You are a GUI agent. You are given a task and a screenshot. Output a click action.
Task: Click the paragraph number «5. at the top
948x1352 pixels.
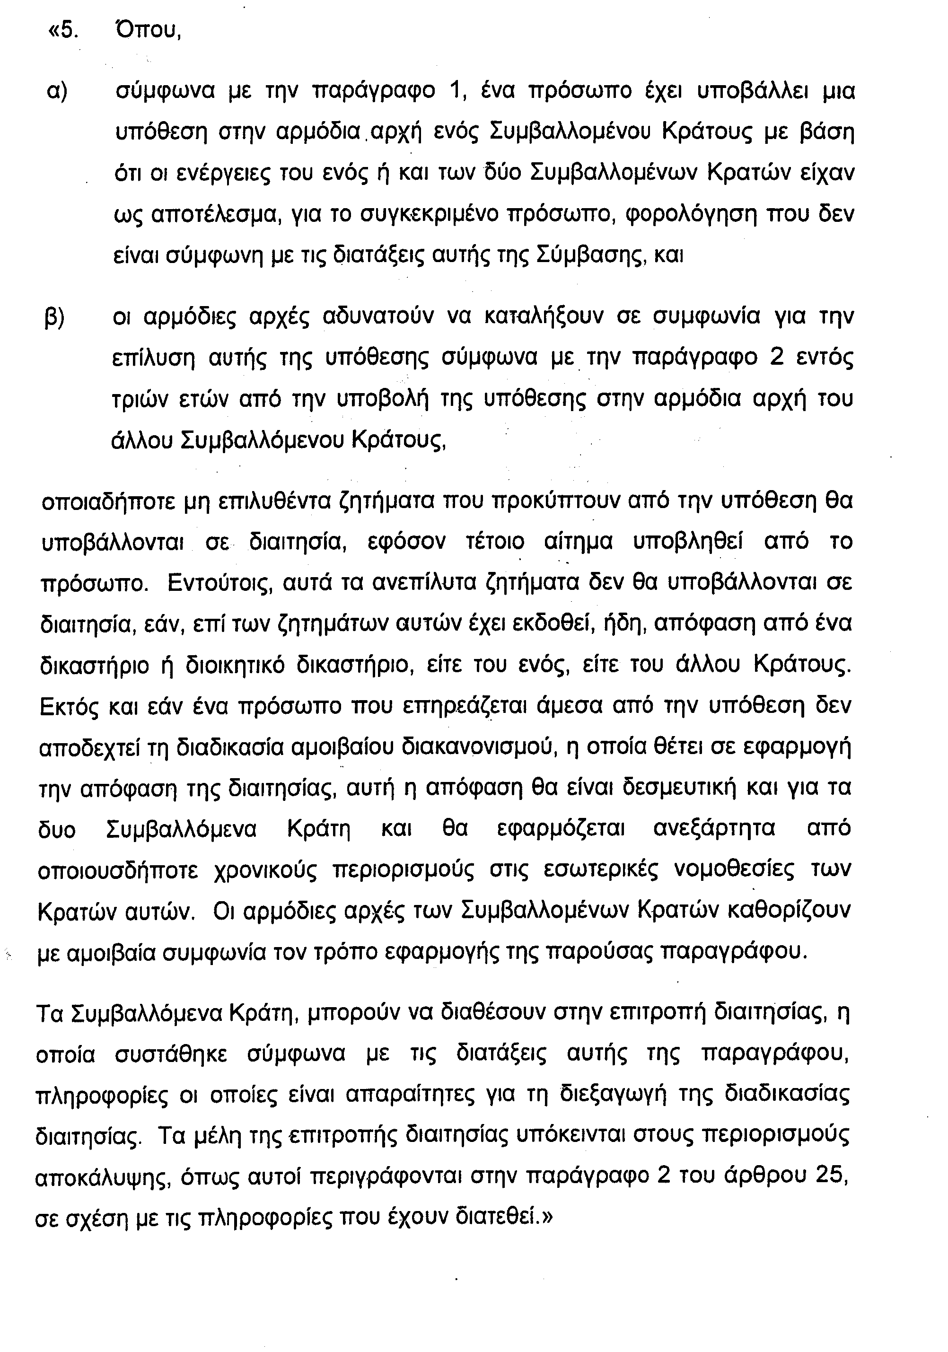(63, 29)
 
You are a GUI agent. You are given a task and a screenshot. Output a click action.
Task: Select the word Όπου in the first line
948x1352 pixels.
(148, 29)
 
